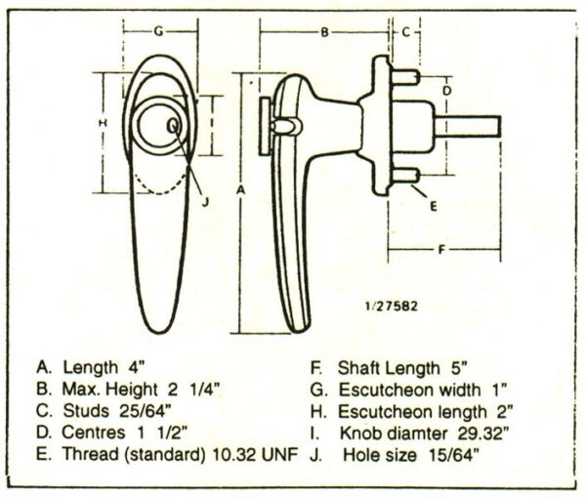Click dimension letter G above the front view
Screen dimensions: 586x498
(159, 31)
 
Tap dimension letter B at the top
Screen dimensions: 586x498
(325, 32)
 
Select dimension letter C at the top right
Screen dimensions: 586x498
(406, 32)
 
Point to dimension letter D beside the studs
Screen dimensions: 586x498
(447, 91)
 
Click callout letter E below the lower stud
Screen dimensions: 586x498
(434, 206)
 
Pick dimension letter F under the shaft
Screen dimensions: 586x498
(441, 249)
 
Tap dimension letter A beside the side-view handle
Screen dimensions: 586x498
(240, 190)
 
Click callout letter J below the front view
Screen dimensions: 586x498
(205, 202)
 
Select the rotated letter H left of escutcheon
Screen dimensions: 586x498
(103, 122)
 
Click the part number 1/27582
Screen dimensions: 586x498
(391, 307)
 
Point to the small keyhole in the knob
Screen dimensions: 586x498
(174, 126)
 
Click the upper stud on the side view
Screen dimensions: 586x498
(404, 77)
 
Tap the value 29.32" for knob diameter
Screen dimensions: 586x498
(483, 434)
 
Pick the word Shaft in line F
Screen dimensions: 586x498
(359, 368)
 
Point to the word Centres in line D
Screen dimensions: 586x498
(94, 433)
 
